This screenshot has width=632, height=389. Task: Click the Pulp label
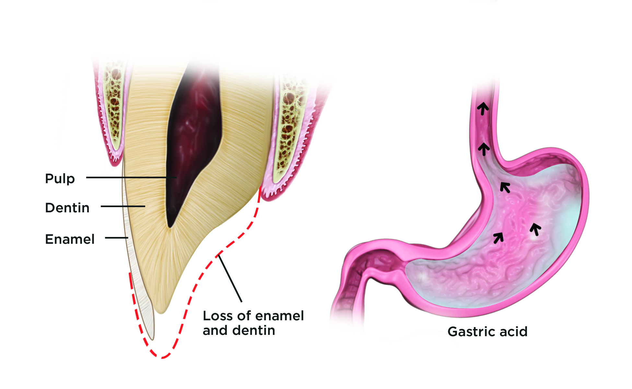60,179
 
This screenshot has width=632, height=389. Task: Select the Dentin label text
67,208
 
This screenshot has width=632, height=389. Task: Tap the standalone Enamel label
70,239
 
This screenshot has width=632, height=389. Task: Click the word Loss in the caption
218,316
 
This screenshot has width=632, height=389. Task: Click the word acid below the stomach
513,332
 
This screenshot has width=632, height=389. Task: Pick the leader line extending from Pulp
130,177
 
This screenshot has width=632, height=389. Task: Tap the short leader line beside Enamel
116,238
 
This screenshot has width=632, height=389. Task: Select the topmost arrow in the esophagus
483,108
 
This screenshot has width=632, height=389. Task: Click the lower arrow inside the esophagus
484,149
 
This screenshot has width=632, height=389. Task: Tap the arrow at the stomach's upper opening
505,187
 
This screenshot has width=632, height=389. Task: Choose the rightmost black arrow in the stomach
535,229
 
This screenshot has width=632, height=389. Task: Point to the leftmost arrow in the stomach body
498,238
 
